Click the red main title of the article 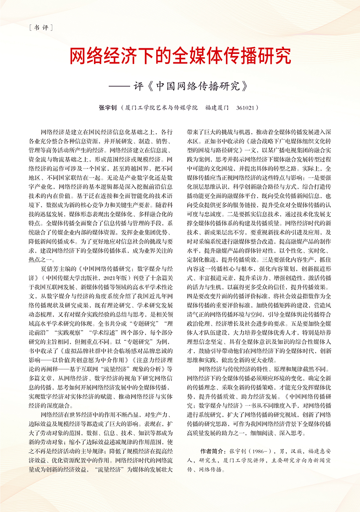click(180, 57)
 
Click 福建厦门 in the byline click(217, 107)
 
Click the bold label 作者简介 click(211, 449)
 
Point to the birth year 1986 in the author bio click(259, 449)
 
